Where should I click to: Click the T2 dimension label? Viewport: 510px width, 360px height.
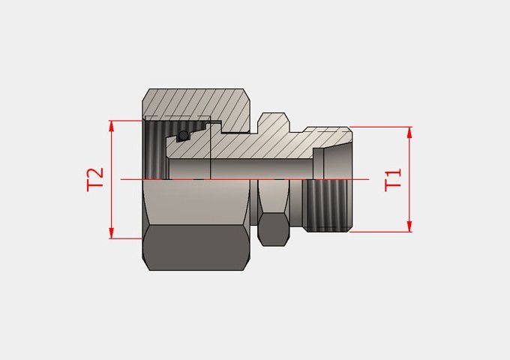[x=95, y=179]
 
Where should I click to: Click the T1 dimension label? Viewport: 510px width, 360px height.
[x=393, y=180]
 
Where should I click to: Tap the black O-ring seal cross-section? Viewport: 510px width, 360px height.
[x=184, y=135]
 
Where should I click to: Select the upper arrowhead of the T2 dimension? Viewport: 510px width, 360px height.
[x=112, y=126]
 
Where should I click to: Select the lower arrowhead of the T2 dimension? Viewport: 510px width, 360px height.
[x=112, y=233]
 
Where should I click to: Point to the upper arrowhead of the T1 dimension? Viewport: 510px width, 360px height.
[x=409, y=132]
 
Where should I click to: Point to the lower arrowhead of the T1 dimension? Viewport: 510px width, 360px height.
[x=409, y=226]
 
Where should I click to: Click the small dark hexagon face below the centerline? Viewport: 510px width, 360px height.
[x=274, y=229]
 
